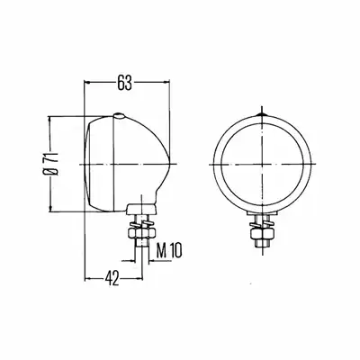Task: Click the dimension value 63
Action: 124,82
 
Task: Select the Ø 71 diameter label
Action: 51,164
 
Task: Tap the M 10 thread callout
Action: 169,250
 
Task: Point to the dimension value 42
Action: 112,278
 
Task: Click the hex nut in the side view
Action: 141,234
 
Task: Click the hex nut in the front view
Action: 262,234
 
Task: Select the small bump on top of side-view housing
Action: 119,115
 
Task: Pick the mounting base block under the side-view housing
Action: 141,209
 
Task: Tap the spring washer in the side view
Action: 141,224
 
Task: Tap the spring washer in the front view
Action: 262,224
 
